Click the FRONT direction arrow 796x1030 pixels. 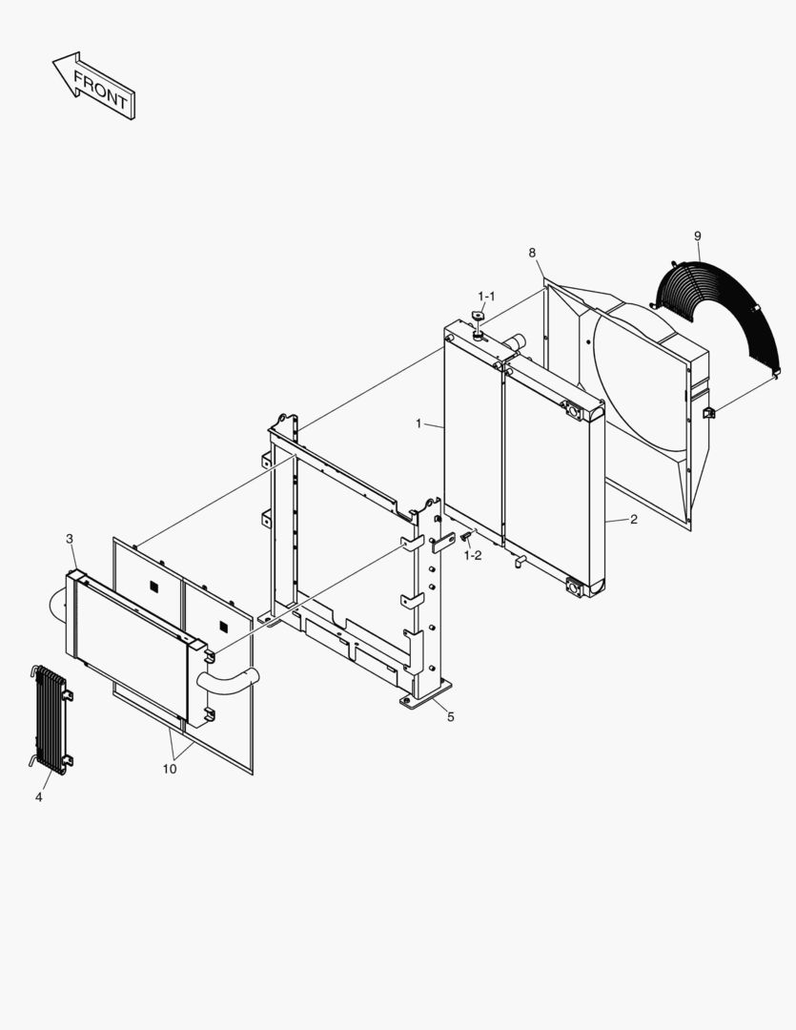(94, 86)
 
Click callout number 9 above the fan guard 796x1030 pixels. (698, 236)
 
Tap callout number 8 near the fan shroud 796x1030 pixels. (532, 253)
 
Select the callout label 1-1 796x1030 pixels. (486, 297)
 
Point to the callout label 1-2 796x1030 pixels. (472, 556)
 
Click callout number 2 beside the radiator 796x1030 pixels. (634, 520)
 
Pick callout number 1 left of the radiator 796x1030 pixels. (419, 423)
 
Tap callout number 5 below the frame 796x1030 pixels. (451, 716)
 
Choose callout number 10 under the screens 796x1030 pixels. (170, 769)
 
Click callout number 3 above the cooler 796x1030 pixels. (70, 539)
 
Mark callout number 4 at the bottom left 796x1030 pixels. (39, 796)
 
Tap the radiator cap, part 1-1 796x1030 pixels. (479, 316)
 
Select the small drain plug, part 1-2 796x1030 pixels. (465, 537)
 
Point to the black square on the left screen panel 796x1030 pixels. (154, 587)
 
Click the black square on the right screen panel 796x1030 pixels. (224, 628)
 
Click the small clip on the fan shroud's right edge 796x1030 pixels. (709, 413)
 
